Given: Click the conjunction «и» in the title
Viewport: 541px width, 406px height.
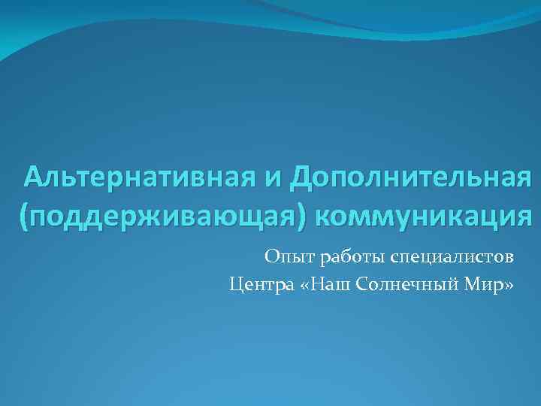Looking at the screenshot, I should click(274, 180).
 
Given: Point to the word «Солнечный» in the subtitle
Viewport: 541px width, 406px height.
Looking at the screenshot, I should click(409, 285).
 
